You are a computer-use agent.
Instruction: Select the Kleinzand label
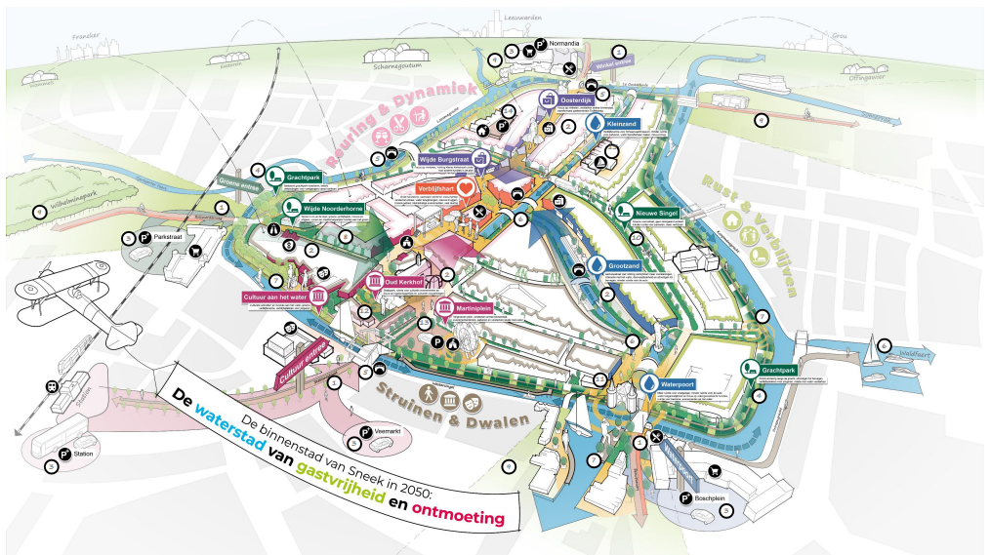622,125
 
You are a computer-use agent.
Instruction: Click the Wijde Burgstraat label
446,158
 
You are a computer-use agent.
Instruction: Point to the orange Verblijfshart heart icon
467,185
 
